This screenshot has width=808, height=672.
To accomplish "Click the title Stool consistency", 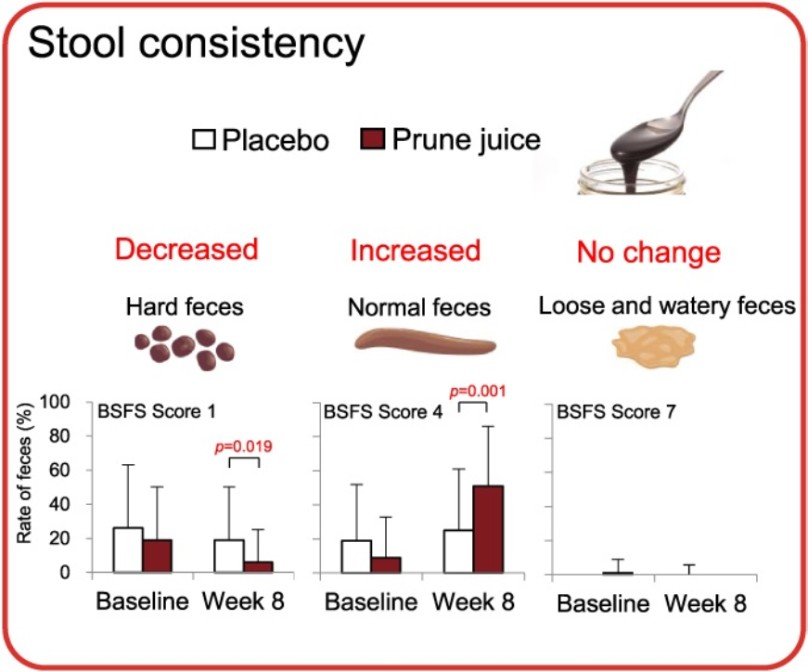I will pyautogui.click(x=197, y=44).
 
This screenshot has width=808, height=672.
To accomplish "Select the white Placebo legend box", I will pyautogui.click(x=204, y=140).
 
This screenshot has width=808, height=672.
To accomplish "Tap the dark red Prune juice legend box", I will pyautogui.click(x=371, y=140).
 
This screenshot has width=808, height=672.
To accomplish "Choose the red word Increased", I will pyautogui.click(x=415, y=250).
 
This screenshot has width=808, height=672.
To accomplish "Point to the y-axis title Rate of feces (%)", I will pyautogui.click(x=33, y=486).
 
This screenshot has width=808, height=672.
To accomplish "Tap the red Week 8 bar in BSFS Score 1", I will pyautogui.click(x=257, y=567).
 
